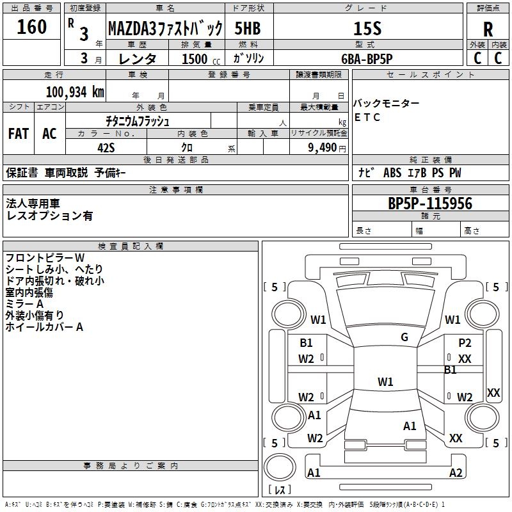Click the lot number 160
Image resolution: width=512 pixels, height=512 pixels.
tap(32, 27)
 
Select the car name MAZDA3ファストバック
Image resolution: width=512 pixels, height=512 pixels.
tap(165, 29)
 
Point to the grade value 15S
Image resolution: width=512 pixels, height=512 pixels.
tap(367, 28)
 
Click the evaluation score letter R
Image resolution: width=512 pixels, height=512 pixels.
tap(488, 29)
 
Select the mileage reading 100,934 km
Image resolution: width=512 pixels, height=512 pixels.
tap(75, 92)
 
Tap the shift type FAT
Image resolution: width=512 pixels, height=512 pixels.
tap(19, 134)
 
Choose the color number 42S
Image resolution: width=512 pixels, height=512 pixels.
tap(106, 147)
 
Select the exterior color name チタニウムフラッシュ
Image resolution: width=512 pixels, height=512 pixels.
tap(138, 120)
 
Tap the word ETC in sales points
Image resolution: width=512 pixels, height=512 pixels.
tap(367, 117)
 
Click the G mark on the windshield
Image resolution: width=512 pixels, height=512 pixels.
tap(404, 337)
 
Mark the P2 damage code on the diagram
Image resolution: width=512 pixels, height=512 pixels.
tap(465, 343)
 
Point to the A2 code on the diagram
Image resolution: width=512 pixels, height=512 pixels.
tap(456, 473)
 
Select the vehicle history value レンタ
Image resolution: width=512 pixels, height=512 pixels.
tap(139, 59)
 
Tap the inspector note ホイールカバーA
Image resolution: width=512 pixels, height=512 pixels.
tap(45, 327)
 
